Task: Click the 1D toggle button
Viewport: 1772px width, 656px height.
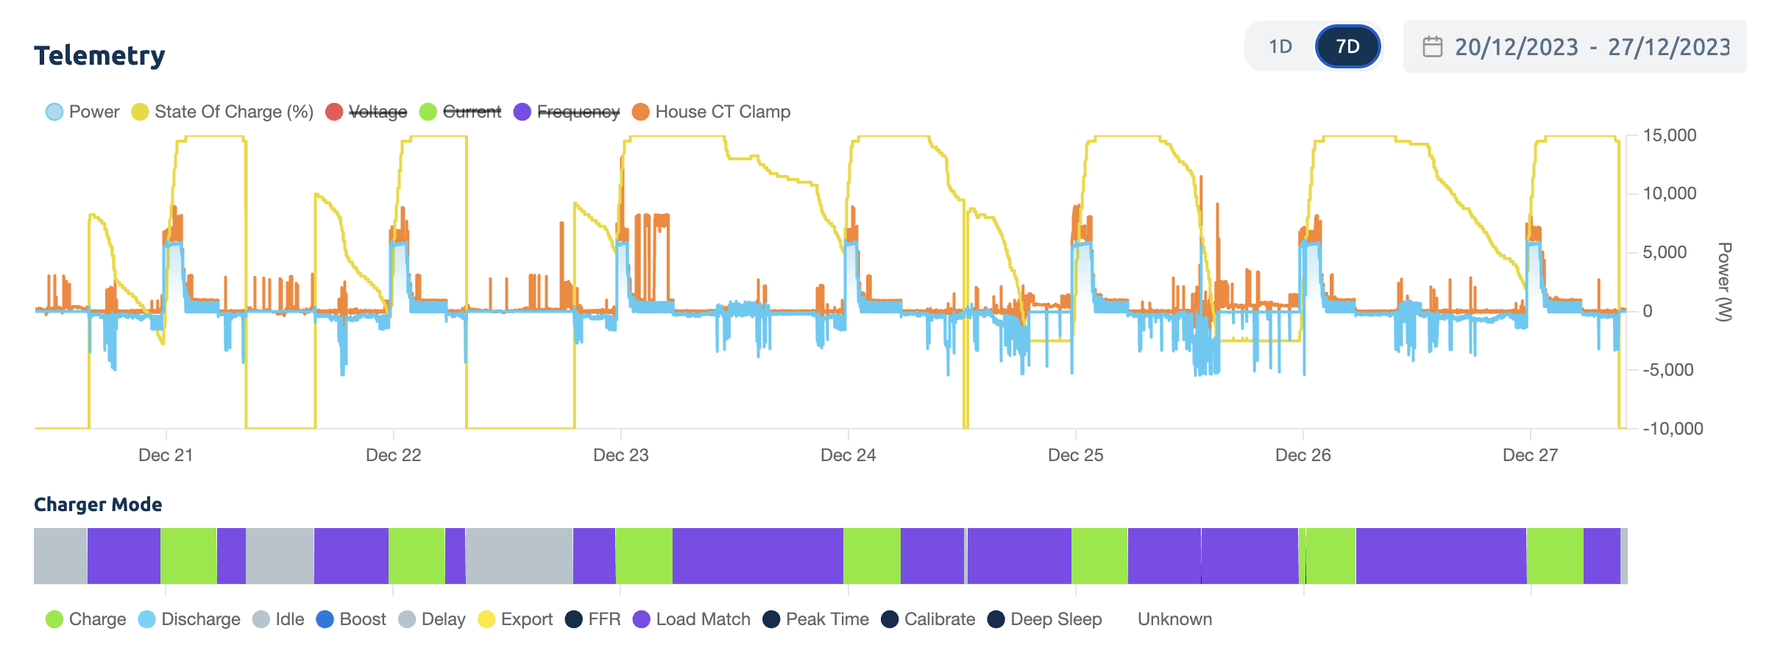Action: [x=1280, y=47]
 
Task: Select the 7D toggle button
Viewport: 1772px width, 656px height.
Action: [x=1347, y=47]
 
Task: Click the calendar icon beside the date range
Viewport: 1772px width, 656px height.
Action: [x=1432, y=47]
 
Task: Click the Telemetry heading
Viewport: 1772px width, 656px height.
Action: [x=99, y=56]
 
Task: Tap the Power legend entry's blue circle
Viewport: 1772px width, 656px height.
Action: [x=54, y=112]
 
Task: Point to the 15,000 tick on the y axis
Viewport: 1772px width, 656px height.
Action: [x=1669, y=135]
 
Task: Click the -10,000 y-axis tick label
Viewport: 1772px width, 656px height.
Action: [x=1672, y=429]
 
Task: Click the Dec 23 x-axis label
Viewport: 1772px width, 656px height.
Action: [x=620, y=455]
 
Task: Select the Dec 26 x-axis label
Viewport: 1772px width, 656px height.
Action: [x=1303, y=455]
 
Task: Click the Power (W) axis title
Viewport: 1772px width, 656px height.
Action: [x=1723, y=282]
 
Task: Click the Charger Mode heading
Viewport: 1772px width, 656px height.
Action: [x=98, y=505]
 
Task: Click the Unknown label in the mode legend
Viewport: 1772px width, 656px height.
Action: [x=1174, y=619]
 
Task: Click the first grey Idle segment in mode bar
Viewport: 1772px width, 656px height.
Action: [x=60, y=556]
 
